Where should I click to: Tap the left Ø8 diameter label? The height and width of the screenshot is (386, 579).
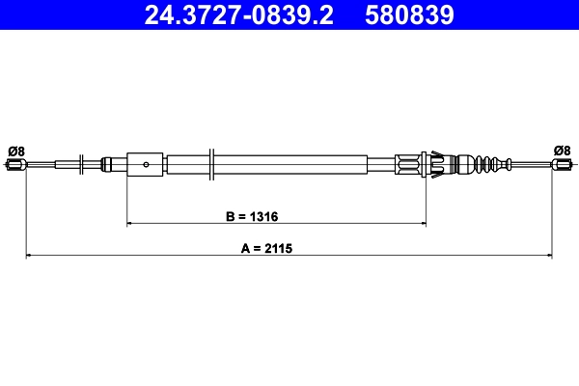15,150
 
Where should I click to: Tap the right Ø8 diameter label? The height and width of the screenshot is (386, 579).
563,150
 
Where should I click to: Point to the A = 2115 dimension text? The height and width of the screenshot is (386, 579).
266,248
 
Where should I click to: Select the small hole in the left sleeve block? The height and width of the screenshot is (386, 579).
145,164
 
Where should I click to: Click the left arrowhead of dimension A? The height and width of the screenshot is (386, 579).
29,256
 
